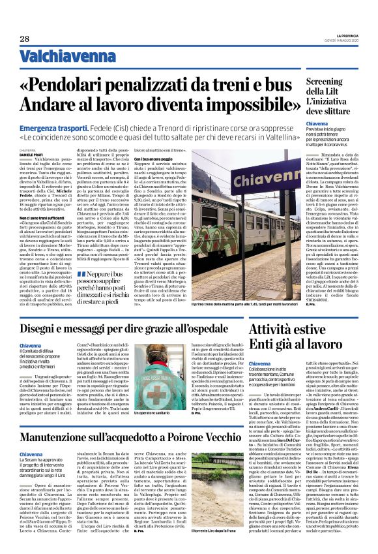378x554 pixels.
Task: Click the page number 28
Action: coord(24,38)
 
